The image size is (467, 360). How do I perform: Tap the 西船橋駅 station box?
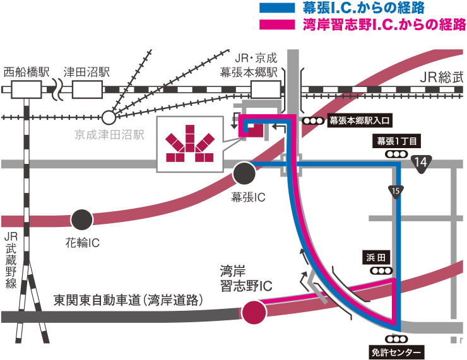point(27,90)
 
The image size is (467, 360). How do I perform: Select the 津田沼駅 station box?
point(88,90)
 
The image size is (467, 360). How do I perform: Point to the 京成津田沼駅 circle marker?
point(109,117)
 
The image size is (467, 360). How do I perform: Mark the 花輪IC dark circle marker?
point(80,219)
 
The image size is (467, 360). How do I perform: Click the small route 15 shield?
point(396,190)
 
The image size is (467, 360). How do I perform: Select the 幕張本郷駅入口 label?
point(361,121)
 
